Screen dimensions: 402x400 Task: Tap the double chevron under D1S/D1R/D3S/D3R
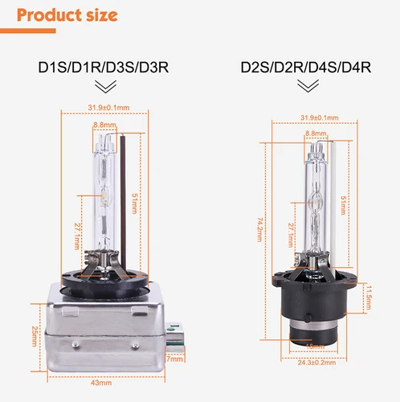104,87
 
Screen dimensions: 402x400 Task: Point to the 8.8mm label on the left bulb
102,125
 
